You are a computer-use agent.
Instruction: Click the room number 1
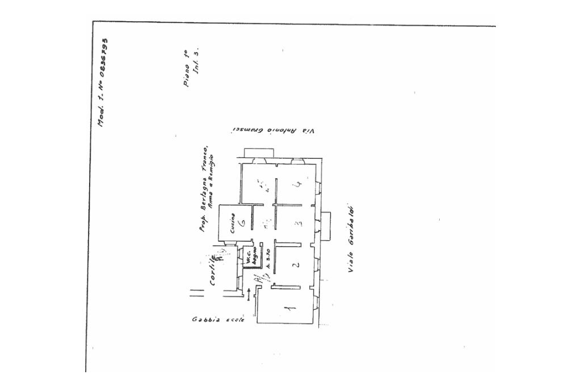288,309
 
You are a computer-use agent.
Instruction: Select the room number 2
294,266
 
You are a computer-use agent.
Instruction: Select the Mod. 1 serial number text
103,83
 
